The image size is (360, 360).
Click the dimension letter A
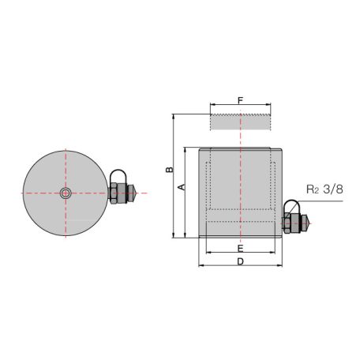(180, 187)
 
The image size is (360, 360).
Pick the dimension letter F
(240, 100)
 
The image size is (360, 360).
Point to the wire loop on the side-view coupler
(291, 209)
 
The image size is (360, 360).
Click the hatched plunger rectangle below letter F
(240, 122)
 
